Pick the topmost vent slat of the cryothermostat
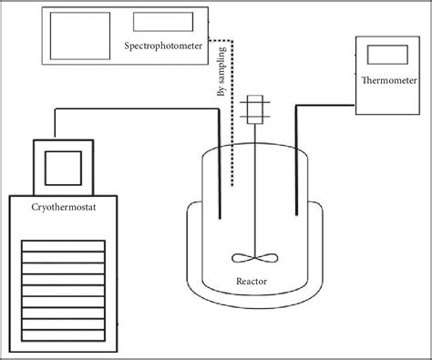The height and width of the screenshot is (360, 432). pyautogui.click(x=63, y=244)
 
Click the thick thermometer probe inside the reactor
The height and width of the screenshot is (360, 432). pyautogui.click(x=296, y=182)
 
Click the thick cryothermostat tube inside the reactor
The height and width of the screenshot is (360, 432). pyautogui.click(x=220, y=182)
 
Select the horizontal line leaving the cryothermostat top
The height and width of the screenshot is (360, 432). pyautogui.click(x=137, y=109)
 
